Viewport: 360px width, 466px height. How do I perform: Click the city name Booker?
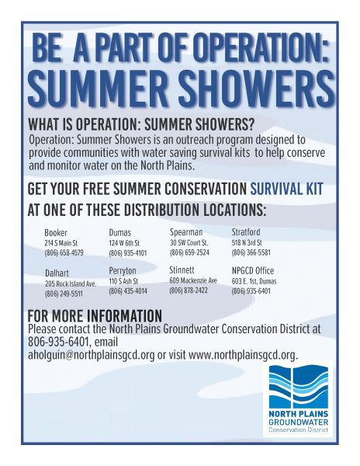click(x=56, y=232)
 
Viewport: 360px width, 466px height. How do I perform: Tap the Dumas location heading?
click(x=120, y=232)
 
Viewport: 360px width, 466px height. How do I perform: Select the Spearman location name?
click(x=186, y=231)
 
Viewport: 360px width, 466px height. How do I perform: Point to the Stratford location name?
click(x=246, y=231)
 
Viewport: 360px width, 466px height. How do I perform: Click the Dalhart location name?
click(x=57, y=273)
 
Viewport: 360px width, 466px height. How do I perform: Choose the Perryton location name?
click(x=123, y=271)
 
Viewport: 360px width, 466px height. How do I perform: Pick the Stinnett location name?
click(x=182, y=270)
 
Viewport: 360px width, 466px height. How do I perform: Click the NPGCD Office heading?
click(x=253, y=270)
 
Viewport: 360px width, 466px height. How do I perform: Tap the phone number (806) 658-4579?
click(x=64, y=253)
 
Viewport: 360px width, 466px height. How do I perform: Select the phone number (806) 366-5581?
click(x=251, y=252)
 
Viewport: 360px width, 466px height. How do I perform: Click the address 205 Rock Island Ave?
click(x=71, y=283)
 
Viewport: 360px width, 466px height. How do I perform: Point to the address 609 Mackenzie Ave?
click(x=193, y=280)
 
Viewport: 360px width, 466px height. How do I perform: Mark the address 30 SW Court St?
click(x=189, y=242)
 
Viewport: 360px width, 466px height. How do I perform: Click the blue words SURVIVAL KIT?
click(x=286, y=189)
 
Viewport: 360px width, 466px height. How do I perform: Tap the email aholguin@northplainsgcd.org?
click(x=91, y=355)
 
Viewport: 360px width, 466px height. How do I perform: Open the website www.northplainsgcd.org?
click(x=243, y=355)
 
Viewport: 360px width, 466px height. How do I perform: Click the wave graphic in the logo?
click(x=298, y=387)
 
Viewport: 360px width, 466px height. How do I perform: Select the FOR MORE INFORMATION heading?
click(x=95, y=315)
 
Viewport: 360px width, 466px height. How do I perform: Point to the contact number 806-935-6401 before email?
click(x=58, y=342)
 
